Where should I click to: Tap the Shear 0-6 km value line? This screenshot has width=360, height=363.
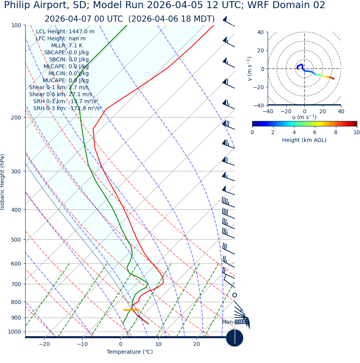[61, 94]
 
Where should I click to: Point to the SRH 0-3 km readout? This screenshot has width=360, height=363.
[67, 108]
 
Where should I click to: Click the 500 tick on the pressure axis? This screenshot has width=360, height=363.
[16, 240]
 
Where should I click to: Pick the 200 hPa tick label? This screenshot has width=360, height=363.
[16, 117]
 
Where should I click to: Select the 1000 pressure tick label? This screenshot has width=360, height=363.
[14, 332]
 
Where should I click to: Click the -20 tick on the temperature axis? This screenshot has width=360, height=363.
[44, 344]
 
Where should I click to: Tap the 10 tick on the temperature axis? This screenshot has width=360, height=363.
[158, 344]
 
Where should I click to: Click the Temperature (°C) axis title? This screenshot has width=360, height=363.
[130, 352]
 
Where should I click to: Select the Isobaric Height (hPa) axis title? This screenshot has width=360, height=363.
[3, 182]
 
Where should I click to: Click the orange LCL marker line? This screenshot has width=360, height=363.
[131, 310]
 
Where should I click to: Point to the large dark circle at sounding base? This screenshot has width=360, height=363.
[235, 338]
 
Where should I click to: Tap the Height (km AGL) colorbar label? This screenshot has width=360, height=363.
[304, 140]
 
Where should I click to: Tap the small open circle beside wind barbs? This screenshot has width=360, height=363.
[235, 295]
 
